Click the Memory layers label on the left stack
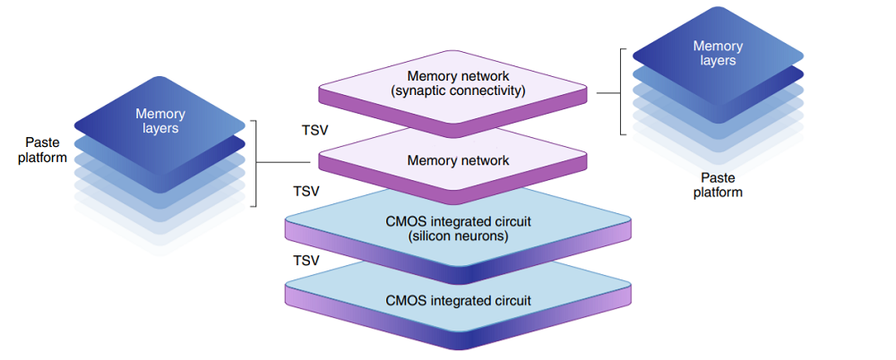click(x=160, y=121)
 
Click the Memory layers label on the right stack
click(x=718, y=53)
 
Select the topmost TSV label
click(x=315, y=130)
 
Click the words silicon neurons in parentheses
click(x=458, y=236)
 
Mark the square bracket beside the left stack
click(x=256, y=161)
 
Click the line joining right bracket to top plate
click(x=608, y=92)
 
